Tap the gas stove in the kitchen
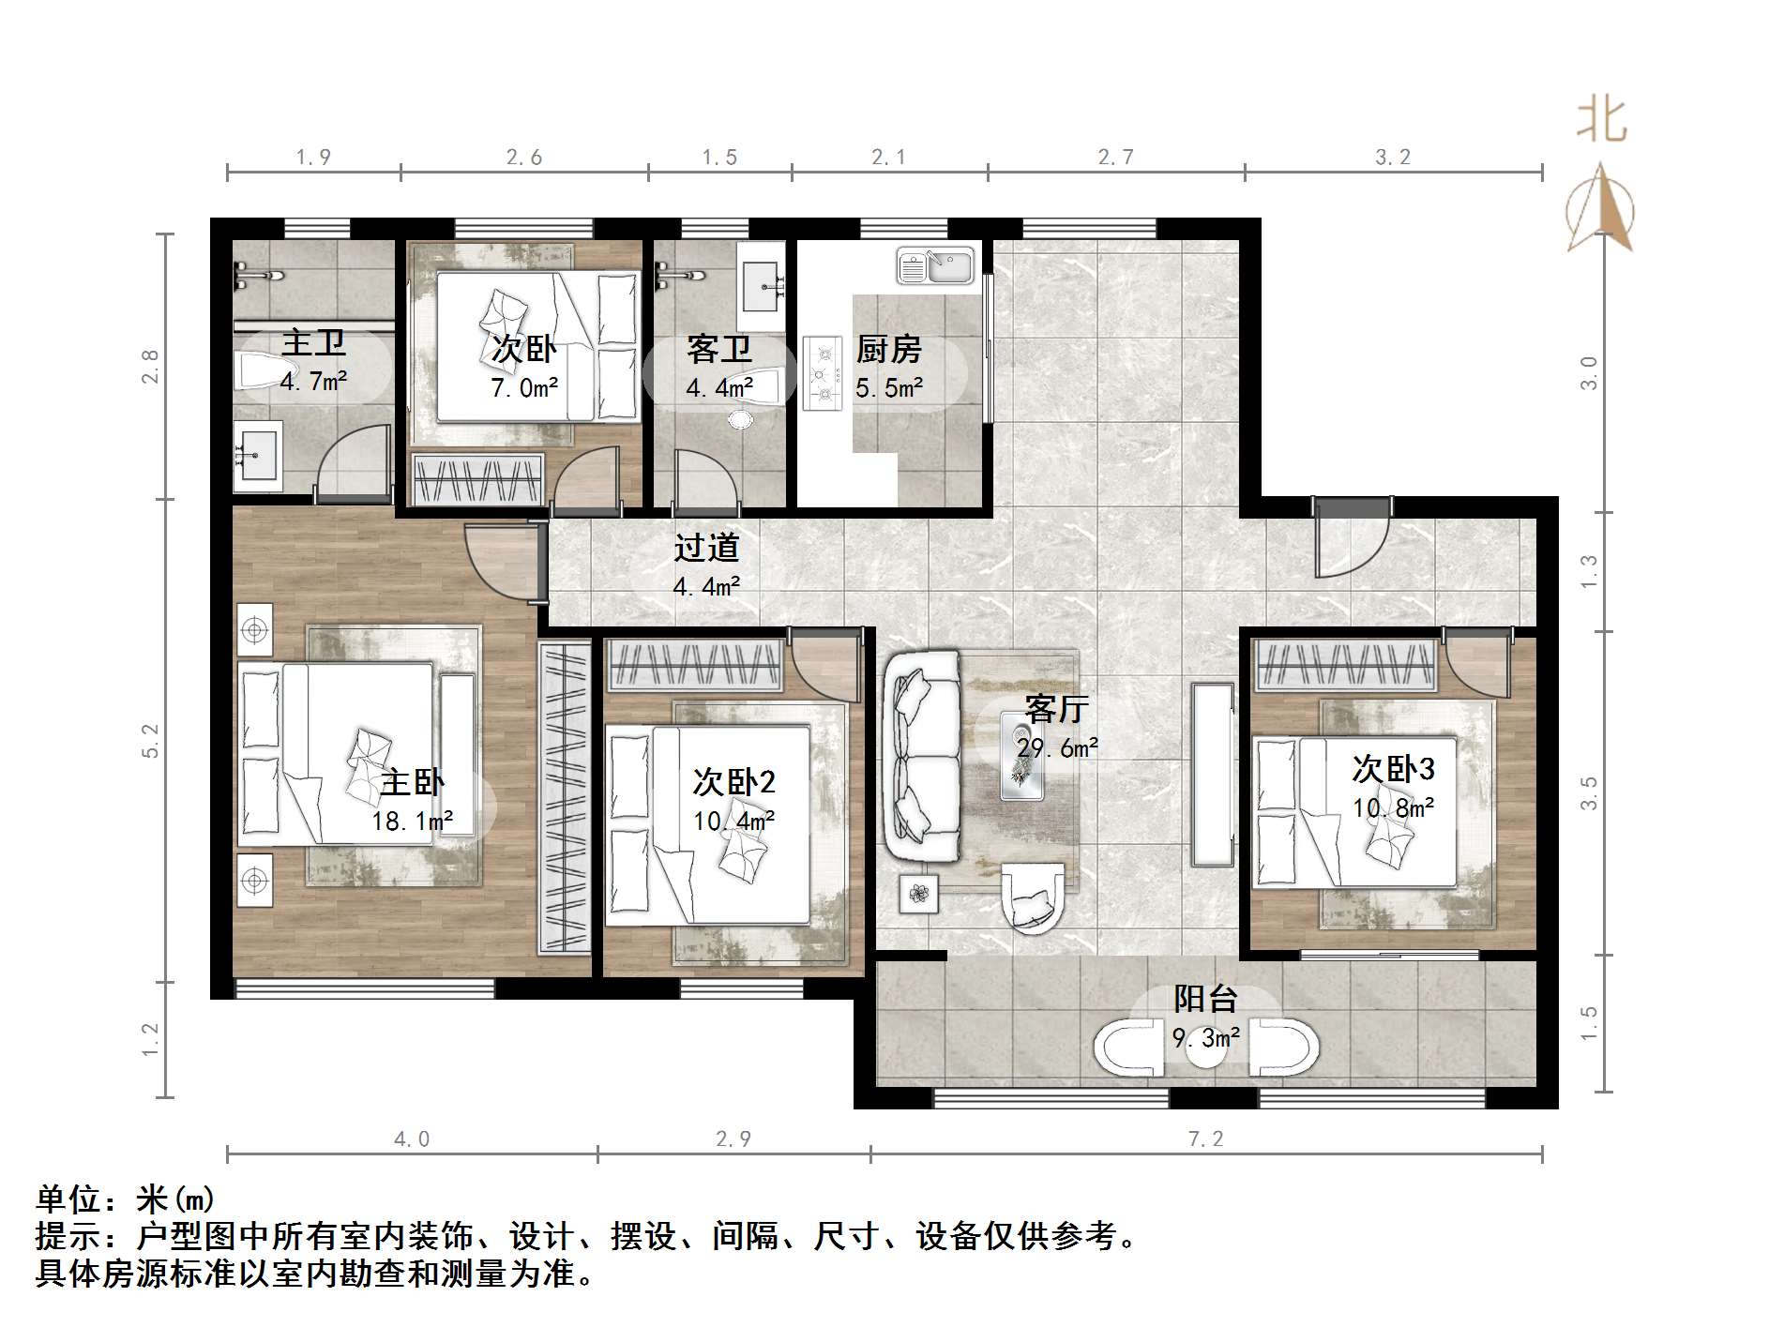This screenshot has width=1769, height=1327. [x=823, y=373]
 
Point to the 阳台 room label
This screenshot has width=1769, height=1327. [x=1205, y=1000]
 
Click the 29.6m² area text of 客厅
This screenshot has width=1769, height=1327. [x=1057, y=748]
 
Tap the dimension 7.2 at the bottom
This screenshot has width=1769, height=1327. [x=1205, y=1139]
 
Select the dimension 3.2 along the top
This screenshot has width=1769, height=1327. [x=1392, y=158]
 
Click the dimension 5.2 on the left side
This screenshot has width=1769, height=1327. [x=151, y=741]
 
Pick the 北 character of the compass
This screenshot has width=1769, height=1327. [x=1600, y=121]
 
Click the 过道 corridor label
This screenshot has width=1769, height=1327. [x=706, y=548]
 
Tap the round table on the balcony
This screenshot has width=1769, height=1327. [x=1206, y=1049]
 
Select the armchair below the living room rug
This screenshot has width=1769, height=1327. [x=1033, y=898]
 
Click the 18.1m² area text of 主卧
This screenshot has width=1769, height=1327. [x=413, y=822]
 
